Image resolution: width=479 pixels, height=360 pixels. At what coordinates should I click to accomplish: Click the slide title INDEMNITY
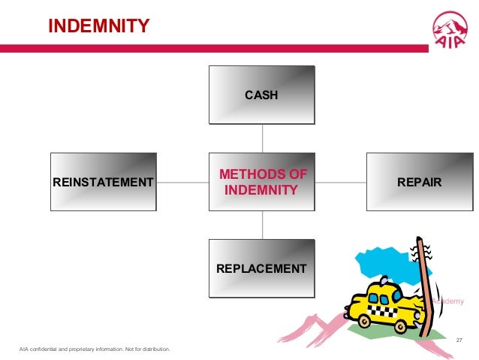[x=98, y=27]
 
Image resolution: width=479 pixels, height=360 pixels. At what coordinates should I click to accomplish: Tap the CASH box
[x=261, y=95]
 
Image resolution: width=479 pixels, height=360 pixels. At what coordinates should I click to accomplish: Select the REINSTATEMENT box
[x=103, y=182]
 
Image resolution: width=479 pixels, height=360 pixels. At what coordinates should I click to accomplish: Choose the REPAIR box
[x=419, y=182]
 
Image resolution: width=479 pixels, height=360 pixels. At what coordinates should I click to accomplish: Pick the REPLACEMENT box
[x=261, y=268]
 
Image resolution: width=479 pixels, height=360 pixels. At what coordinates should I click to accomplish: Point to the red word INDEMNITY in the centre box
[x=261, y=190]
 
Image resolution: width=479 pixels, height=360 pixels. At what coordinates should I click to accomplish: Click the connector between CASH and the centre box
[x=262, y=138]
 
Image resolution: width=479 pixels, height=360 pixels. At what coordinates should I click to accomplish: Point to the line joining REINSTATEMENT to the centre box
[x=182, y=182]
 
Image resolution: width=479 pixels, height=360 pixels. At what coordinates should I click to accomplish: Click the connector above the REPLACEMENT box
[x=262, y=225]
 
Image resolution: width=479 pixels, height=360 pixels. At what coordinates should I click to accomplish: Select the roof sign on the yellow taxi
[x=384, y=283]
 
